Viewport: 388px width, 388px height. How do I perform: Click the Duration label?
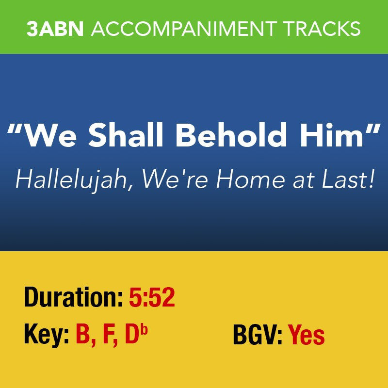pos(73,298)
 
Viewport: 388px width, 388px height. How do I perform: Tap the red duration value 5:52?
pos(152,298)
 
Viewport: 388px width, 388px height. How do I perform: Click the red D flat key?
pos(135,335)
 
